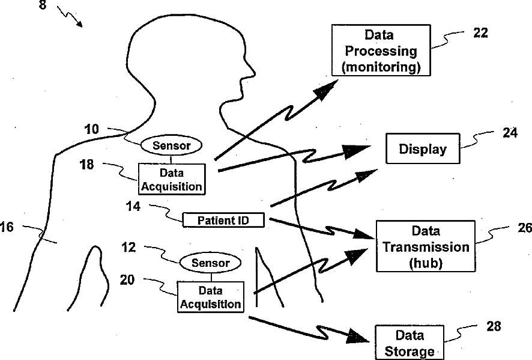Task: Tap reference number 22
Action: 480,33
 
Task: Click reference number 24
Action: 510,133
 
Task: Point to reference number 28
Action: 494,326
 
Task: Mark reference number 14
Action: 133,206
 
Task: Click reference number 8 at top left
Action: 43,5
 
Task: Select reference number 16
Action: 7,227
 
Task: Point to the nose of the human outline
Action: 252,72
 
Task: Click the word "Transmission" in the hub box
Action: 426,247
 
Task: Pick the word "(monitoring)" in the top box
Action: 381,67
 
